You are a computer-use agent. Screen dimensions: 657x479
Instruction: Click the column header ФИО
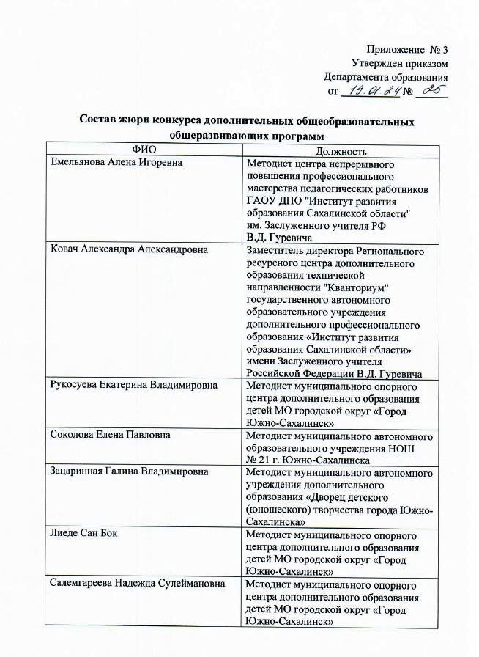coord(143,150)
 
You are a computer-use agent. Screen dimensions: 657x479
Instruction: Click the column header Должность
coord(336,150)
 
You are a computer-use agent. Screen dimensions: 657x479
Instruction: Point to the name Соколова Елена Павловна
coord(110,434)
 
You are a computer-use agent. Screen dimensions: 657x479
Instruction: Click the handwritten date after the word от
coord(373,92)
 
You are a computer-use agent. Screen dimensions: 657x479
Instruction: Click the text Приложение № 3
coord(405,50)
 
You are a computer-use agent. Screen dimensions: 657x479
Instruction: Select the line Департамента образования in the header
coord(385,77)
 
